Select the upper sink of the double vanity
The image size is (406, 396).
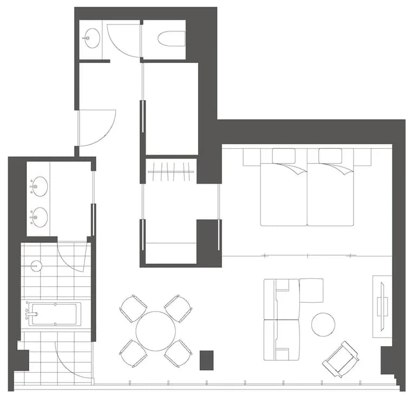[38, 187]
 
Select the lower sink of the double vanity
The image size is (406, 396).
[38, 217]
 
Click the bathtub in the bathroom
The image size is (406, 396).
[54, 314]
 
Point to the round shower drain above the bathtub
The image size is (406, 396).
[36, 266]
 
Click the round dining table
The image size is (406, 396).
[155, 331]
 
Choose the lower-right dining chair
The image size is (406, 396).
[178, 354]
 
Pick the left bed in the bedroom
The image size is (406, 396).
[284, 189]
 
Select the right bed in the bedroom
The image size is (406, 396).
[330, 189]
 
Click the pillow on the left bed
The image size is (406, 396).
[284, 156]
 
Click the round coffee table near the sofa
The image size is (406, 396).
[323, 324]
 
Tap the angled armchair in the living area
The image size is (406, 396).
[340, 359]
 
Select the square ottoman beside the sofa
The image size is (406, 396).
[311, 291]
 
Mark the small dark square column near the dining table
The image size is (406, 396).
[206, 360]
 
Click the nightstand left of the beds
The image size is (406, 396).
[252, 157]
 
